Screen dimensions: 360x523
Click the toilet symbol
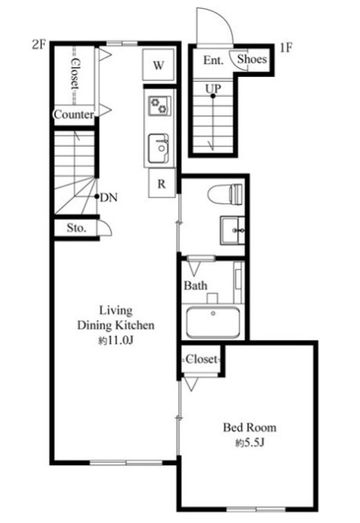[x=225, y=194]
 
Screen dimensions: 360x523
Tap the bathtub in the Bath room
[x=213, y=322]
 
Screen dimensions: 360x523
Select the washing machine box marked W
[x=158, y=65]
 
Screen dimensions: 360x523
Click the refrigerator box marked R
[x=162, y=183]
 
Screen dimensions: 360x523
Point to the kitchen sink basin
[x=158, y=148]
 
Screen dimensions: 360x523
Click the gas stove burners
[x=160, y=106]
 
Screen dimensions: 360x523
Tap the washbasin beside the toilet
[x=233, y=230]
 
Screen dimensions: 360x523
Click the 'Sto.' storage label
[x=76, y=228]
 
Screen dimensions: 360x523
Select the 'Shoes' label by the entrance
[x=252, y=59]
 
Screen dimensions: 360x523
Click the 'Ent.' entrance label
[x=213, y=60]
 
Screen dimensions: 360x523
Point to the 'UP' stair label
[x=213, y=88]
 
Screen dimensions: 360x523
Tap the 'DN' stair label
[x=109, y=198]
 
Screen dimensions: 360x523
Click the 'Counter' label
[x=74, y=115]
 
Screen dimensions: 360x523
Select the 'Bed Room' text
[x=249, y=428]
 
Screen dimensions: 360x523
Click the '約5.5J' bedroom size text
[x=249, y=443]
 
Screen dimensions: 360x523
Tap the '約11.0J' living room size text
[x=115, y=341]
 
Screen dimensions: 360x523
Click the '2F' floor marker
[x=38, y=45]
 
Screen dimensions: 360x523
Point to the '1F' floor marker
[x=285, y=47]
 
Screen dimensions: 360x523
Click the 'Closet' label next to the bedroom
[x=202, y=359]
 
